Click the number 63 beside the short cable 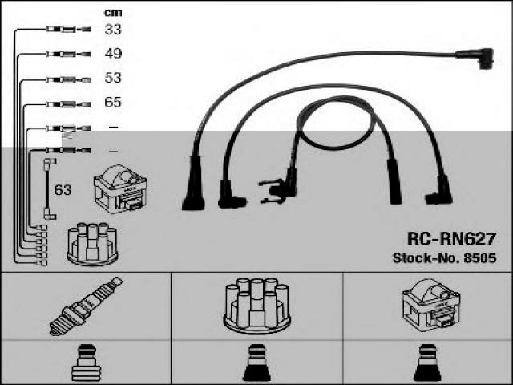[x=63, y=190]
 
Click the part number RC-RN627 [x=450, y=239]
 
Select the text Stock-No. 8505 [x=444, y=258]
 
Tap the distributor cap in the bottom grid [x=256, y=305]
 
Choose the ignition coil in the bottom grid [x=430, y=306]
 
